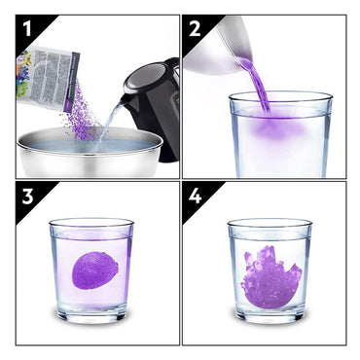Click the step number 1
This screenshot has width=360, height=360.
(x=26, y=29)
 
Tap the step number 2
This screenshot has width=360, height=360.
(x=195, y=29)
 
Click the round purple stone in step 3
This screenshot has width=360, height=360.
(x=95, y=270)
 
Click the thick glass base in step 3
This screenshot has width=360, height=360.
(x=91, y=313)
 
